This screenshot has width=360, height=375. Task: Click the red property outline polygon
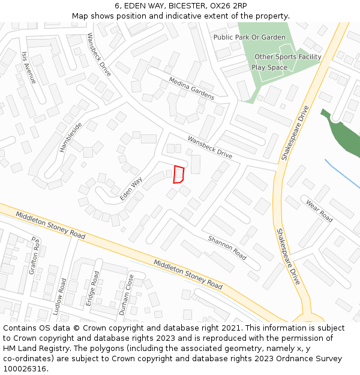178,174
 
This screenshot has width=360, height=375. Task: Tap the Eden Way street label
131,188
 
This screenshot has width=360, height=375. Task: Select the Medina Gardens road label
191,88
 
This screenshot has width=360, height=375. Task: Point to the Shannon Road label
227,247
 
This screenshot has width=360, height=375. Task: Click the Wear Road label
319,211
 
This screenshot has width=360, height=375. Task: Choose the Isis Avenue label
29,67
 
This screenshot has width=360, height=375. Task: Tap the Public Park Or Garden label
250,37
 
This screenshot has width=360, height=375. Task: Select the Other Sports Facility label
288,57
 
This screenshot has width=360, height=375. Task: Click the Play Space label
269,68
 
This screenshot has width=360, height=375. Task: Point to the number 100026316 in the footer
25,368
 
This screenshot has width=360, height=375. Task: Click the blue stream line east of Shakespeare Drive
343,174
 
